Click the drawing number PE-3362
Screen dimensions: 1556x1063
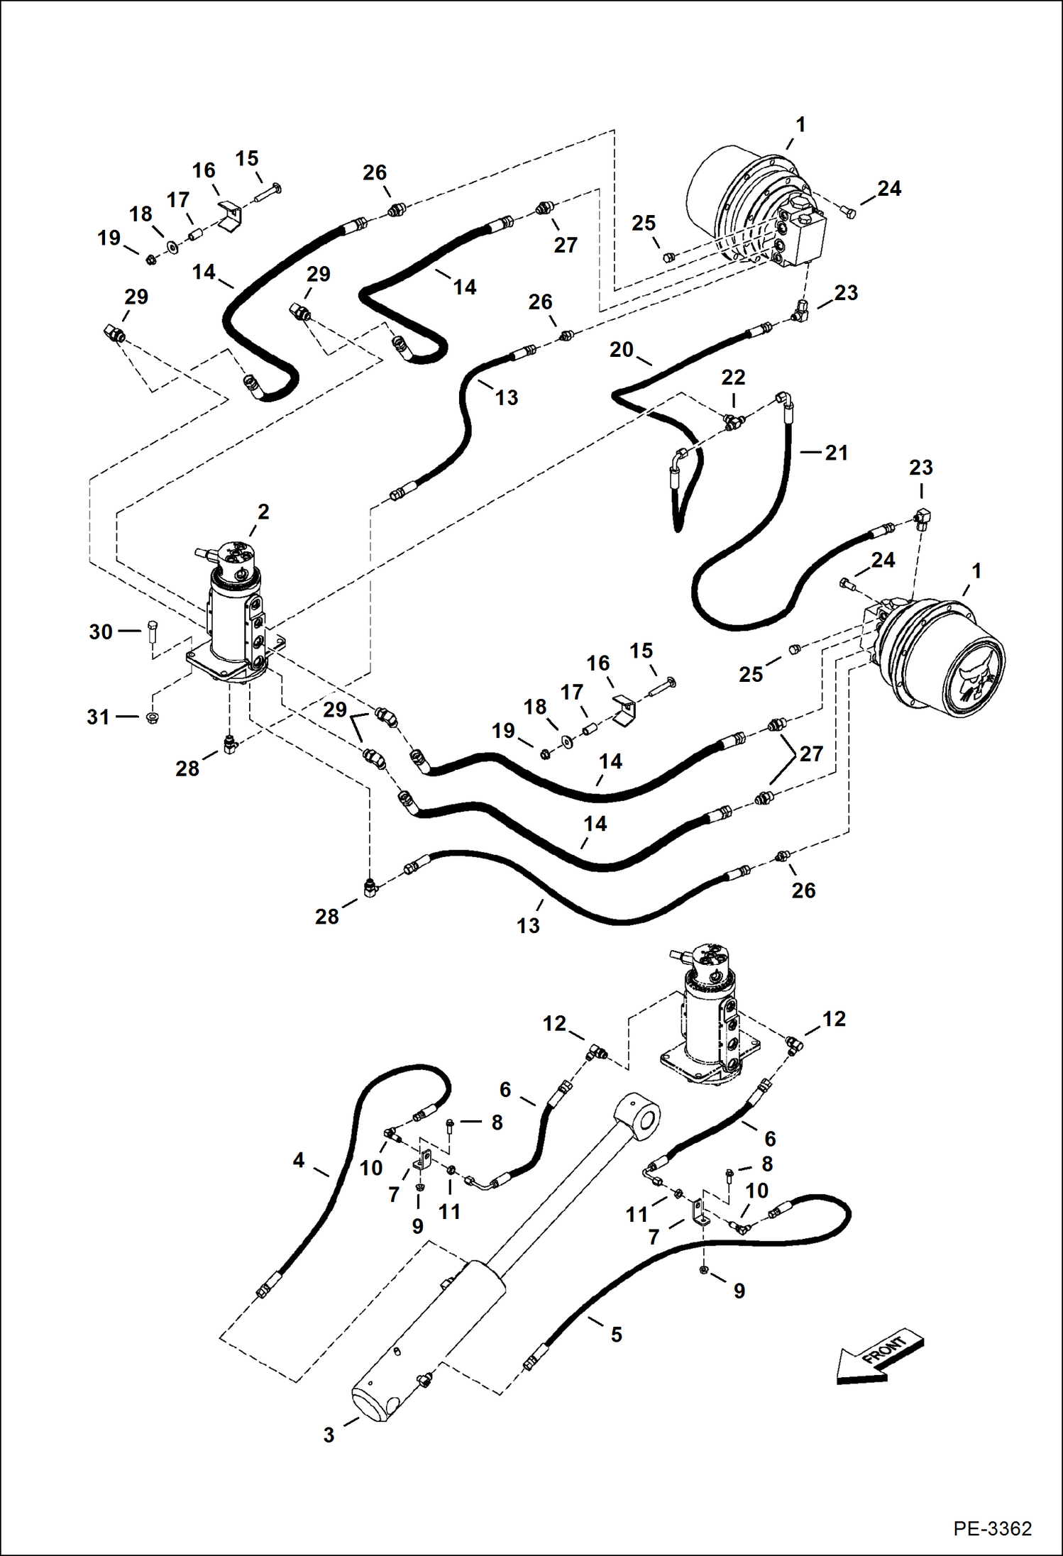pos(992,1528)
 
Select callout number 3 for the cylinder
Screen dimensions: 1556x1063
pos(329,1435)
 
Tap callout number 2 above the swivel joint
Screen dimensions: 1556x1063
pos(263,512)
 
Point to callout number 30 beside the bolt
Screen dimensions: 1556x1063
pos(101,631)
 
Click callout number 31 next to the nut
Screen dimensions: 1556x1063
pos(99,717)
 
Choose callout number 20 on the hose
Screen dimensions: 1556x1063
pos(621,350)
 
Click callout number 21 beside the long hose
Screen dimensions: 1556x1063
pos(837,453)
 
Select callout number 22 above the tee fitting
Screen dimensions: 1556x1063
pos(733,377)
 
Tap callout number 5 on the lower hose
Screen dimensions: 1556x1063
pos(616,1335)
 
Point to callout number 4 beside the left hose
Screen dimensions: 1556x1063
pos(299,1160)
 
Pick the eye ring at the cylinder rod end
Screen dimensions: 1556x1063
pos(639,1120)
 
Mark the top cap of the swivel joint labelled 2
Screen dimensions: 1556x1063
pos(234,557)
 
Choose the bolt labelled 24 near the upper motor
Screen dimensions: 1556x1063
pos(849,210)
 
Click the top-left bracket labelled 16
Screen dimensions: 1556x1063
pos(229,215)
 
